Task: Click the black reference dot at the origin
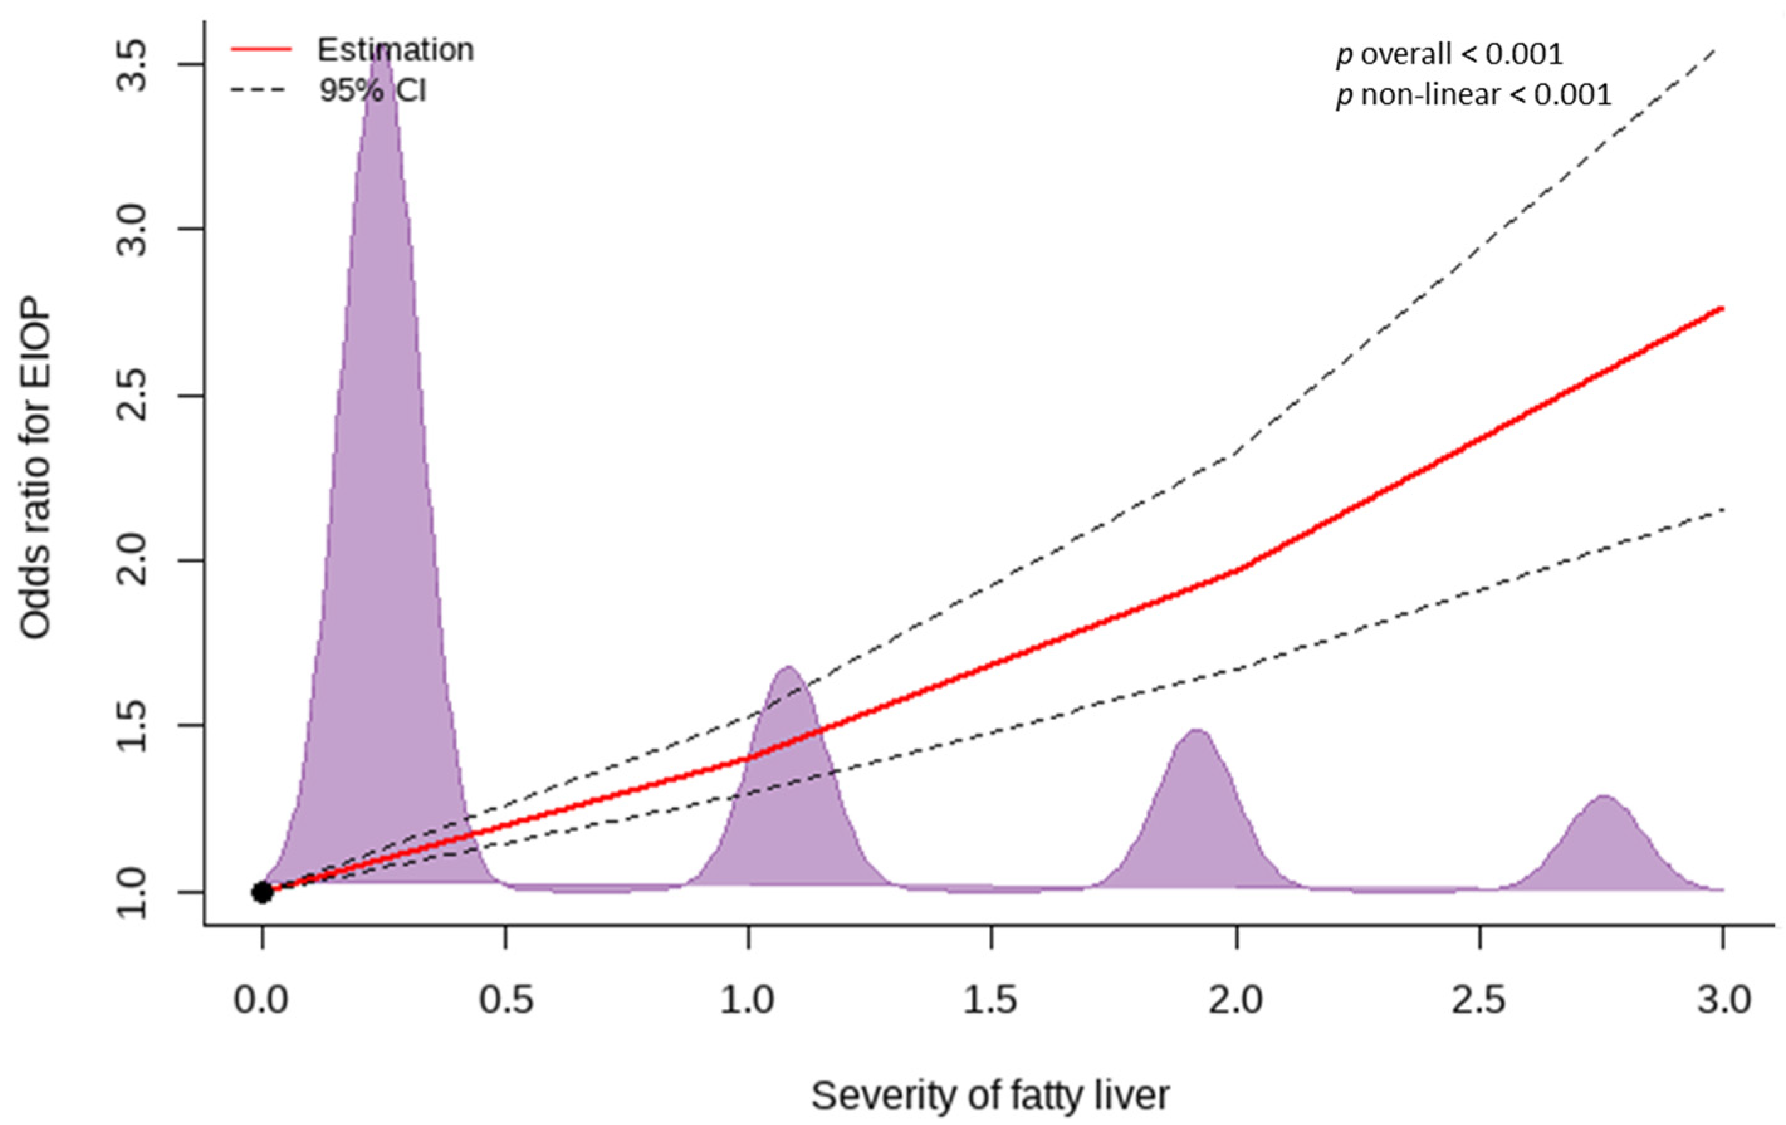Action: [x=262, y=892]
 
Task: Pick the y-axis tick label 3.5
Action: [x=133, y=65]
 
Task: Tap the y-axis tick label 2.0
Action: [x=133, y=561]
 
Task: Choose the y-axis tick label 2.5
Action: [x=133, y=395]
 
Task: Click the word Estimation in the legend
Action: [x=395, y=50]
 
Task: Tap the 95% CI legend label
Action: [x=373, y=90]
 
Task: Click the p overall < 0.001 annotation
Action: [x=1449, y=54]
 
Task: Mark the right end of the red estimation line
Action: [x=1722, y=308]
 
